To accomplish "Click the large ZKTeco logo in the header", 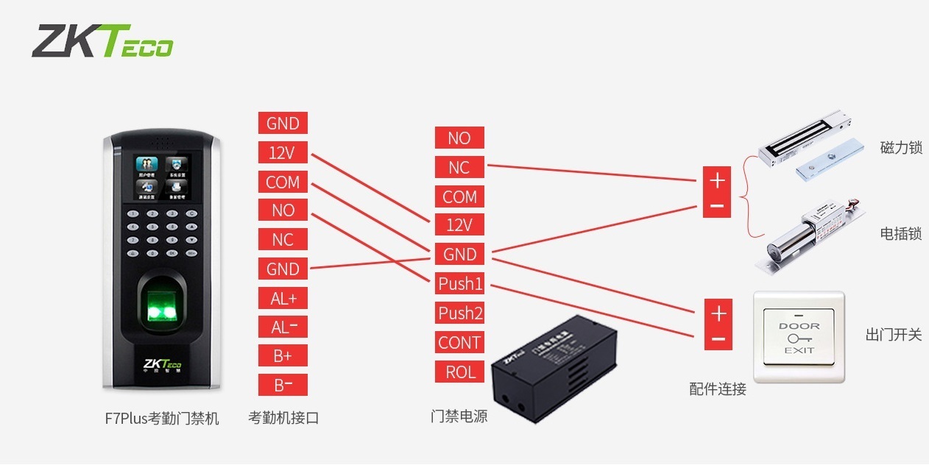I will [x=102, y=41].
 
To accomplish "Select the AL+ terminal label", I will [x=283, y=298].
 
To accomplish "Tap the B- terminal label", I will [x=283, y=385].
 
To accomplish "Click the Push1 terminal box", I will [x=460, y=283].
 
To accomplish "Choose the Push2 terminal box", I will [x=460, y=313].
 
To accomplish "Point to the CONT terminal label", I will [x=460, y=342].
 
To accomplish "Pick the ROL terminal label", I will [x=460, y=372].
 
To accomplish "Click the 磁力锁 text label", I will [x=900, y=148].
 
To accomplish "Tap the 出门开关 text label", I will [x=893, y=335].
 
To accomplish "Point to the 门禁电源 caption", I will [x=459, y=416].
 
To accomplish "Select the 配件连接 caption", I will [x=718, y=389].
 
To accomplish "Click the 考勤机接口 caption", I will [x=283, y=418].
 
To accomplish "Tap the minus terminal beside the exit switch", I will [x=718, y=340].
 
